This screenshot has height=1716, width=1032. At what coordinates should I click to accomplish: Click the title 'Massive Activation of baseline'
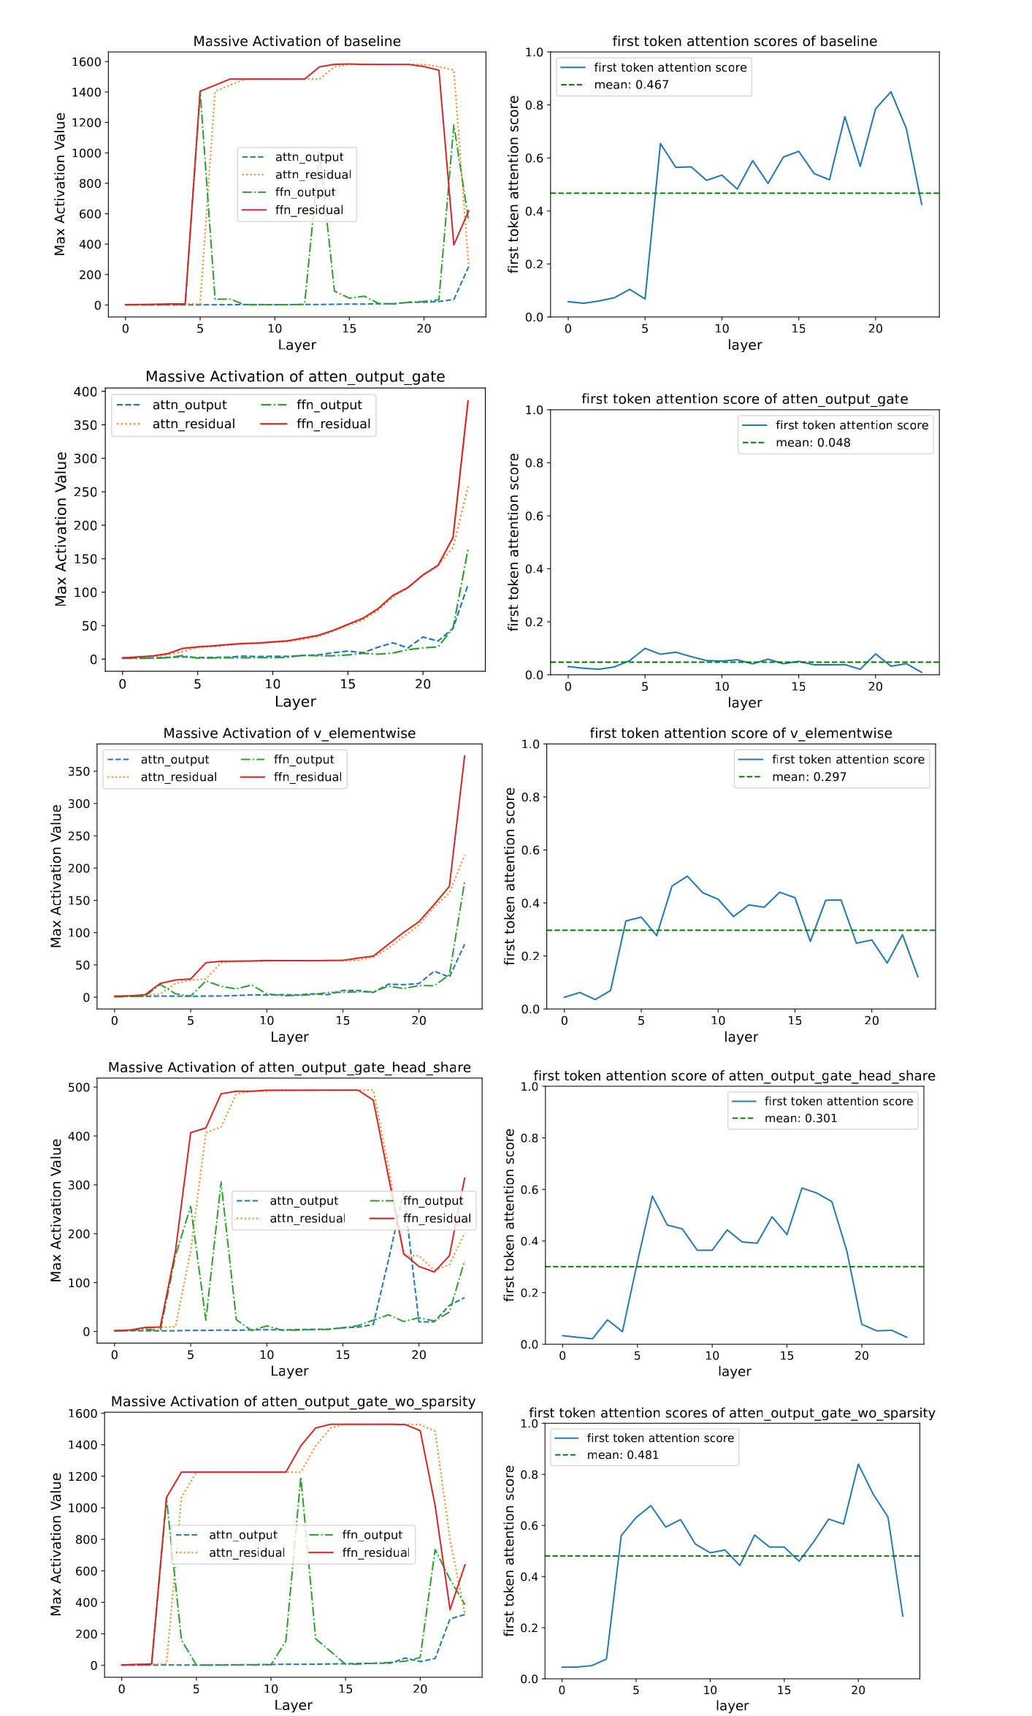[297, 41]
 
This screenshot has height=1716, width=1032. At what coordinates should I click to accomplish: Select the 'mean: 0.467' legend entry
[631, 85]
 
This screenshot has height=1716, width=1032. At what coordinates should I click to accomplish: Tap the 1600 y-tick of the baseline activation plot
[86, 62]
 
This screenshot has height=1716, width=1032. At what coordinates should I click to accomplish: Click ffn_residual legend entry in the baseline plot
[309, 210]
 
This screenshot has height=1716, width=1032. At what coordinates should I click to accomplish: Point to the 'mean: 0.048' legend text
[813, 443]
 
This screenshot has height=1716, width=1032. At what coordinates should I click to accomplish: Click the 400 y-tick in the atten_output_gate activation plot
[85, 392]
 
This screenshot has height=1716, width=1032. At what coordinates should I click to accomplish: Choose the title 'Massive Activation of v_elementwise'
[289, 733]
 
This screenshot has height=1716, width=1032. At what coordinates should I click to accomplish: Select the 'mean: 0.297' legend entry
[809, 777]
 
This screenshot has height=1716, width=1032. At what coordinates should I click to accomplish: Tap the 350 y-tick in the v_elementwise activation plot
[78, 771]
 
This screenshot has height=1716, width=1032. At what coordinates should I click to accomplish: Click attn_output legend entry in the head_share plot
[304, 1201]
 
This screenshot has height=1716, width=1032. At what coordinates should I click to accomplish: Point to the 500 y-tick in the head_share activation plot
[78, 1087]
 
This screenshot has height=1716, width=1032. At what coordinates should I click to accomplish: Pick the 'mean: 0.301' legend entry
[800, 1118]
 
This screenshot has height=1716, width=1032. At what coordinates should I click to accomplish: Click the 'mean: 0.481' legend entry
[622, 1454]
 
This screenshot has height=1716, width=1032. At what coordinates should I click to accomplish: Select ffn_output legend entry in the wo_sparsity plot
[372, 1535]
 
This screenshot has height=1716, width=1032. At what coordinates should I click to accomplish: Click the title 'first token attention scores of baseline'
[744, 41]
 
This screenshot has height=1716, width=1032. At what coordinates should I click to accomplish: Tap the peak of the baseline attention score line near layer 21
[891, 92]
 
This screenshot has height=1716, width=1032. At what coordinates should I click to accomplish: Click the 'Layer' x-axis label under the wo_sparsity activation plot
[293, 1705]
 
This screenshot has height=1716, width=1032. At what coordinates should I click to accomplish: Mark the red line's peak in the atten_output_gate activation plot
[468, 400]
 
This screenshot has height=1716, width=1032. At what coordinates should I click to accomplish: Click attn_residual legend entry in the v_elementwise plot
[179, 777]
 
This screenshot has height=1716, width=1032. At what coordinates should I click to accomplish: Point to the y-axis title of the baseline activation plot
[60, 184]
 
